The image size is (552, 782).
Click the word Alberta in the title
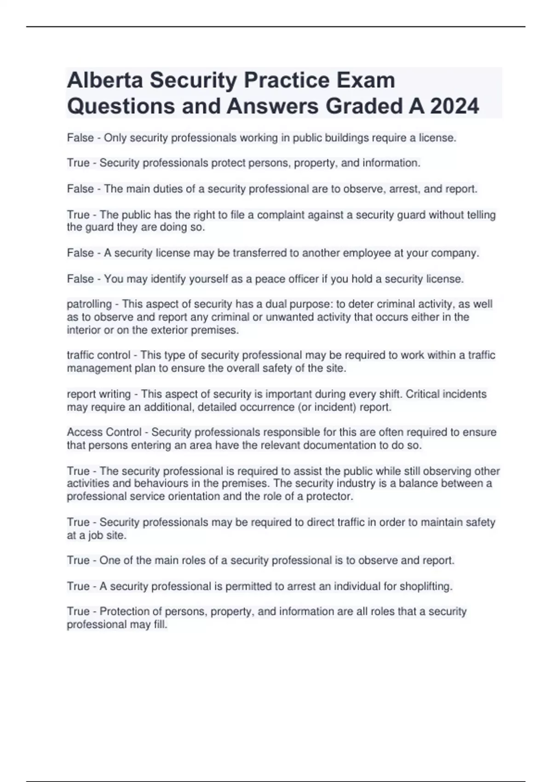click(105, 80)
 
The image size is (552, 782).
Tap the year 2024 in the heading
click(454, 106)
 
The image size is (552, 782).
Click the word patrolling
click(89, 305)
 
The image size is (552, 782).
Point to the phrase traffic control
click(98, 356)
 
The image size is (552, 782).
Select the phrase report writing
click(98, 394)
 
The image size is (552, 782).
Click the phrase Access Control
click(104, 432)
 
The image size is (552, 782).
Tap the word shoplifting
click(426, 586)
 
